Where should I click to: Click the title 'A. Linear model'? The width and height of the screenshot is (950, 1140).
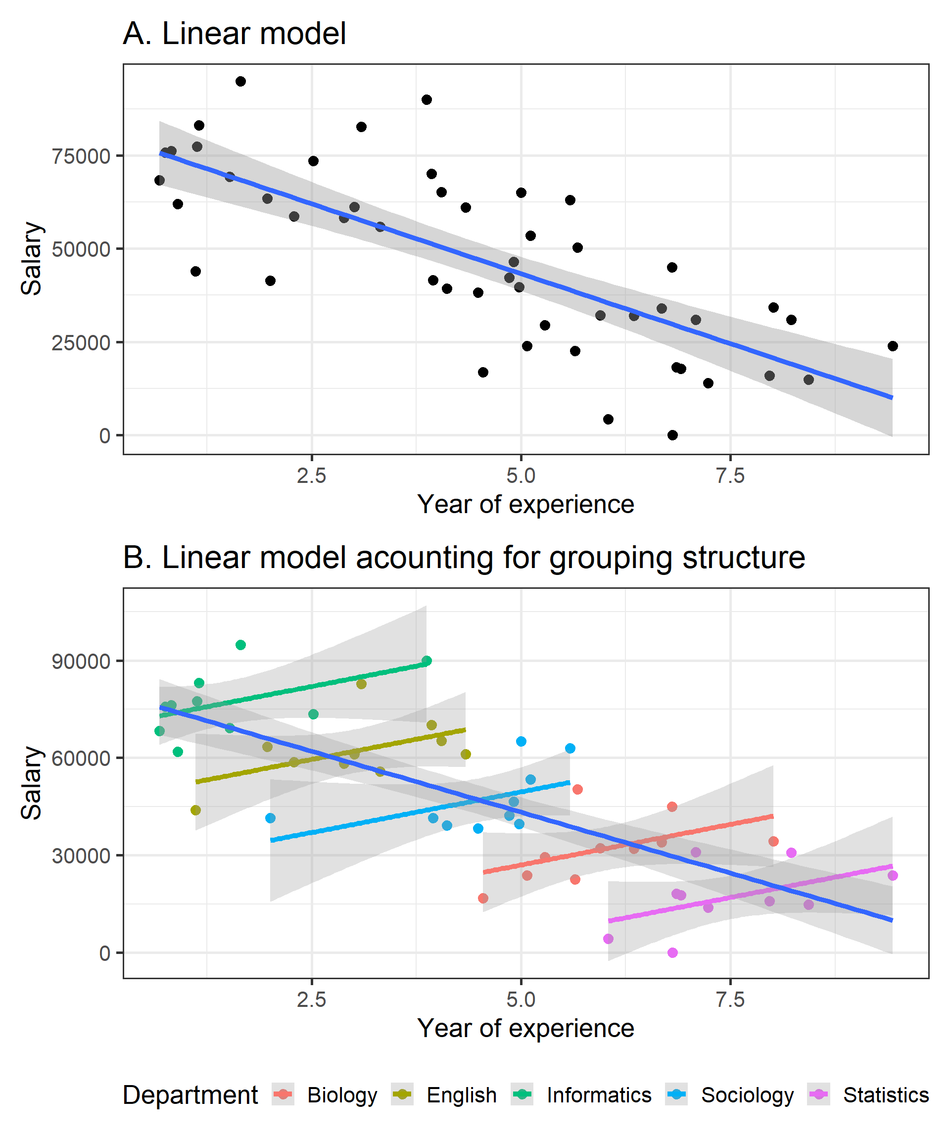(x=234, y=34)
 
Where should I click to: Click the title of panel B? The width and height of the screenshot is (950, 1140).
(x=464, y=558)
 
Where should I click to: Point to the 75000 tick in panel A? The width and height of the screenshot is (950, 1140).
(x=81, y=156)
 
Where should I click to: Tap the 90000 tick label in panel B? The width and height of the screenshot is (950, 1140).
(x=81, y=662)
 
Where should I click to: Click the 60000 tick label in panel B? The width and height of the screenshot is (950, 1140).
(x=81, y=759)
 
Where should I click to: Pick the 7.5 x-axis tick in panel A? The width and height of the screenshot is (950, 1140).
(x=730, y=476)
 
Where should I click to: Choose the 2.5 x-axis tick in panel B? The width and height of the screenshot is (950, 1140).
(x=312, y=999)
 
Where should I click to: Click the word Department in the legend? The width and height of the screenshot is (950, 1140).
(x=190, y=1095)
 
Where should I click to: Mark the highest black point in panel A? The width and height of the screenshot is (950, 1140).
(x=240, y=82)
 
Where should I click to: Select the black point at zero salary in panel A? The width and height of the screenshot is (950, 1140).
(x=672, y=435)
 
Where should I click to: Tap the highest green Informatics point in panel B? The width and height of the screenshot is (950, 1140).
(x=240, y=645)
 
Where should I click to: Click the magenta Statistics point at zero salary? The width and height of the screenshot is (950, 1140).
(x=672, y=952)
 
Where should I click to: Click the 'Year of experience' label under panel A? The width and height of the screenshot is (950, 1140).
(x=525, y=504)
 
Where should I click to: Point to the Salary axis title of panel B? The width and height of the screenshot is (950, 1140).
(x=32, y=783)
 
